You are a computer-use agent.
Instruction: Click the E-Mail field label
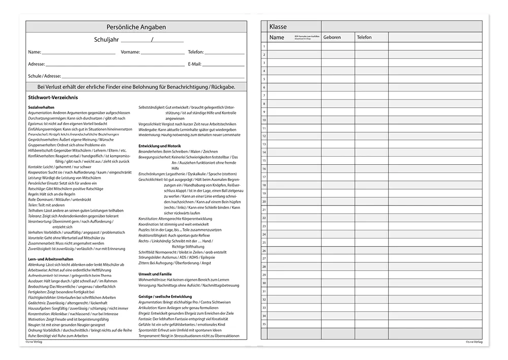tap(195, 64)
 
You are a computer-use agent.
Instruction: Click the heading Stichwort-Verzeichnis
tap(53, 97)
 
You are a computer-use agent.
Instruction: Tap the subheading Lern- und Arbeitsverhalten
tap(51, 259)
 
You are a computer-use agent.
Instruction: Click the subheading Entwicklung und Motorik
tap(160, 146)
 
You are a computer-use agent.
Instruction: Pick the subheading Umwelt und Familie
tap(155, 274)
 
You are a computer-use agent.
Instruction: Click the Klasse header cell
tap(278, 27)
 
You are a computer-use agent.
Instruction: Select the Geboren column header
tap(332, 38)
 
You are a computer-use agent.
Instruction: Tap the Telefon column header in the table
tap(364, 38)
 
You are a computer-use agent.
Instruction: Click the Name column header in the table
tap(277, 38)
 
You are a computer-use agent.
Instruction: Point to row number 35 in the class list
tap(264, 323)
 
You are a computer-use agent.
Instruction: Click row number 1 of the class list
tap(264, 47)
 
